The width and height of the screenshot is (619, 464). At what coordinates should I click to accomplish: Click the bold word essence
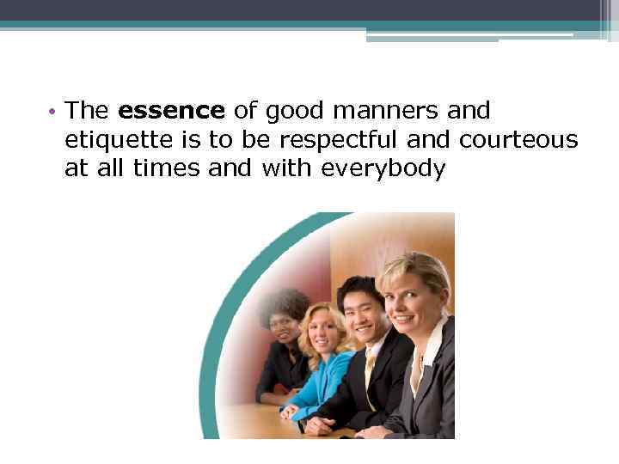coord(171,111)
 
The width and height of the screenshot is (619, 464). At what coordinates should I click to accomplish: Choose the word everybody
coord(383,169)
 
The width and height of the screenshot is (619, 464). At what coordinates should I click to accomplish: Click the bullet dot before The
coord(52,112)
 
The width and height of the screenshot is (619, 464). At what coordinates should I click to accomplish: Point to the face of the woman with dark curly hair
coord(282,323)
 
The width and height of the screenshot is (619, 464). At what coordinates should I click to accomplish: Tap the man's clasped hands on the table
coord(320,424)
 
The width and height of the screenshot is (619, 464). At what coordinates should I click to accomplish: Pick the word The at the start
coord(85,111)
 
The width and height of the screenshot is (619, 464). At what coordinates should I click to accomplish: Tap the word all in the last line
coord(111,169)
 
